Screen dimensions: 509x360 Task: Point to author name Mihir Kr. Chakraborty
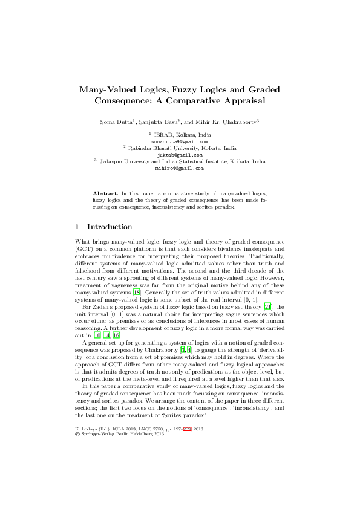pos(227,122)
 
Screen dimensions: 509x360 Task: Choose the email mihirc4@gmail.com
pos(179,170)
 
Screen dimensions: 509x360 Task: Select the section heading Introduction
pos(110,227)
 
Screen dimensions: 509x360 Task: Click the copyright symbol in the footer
pos(76,468)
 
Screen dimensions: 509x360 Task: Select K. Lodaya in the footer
pos(87,462)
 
